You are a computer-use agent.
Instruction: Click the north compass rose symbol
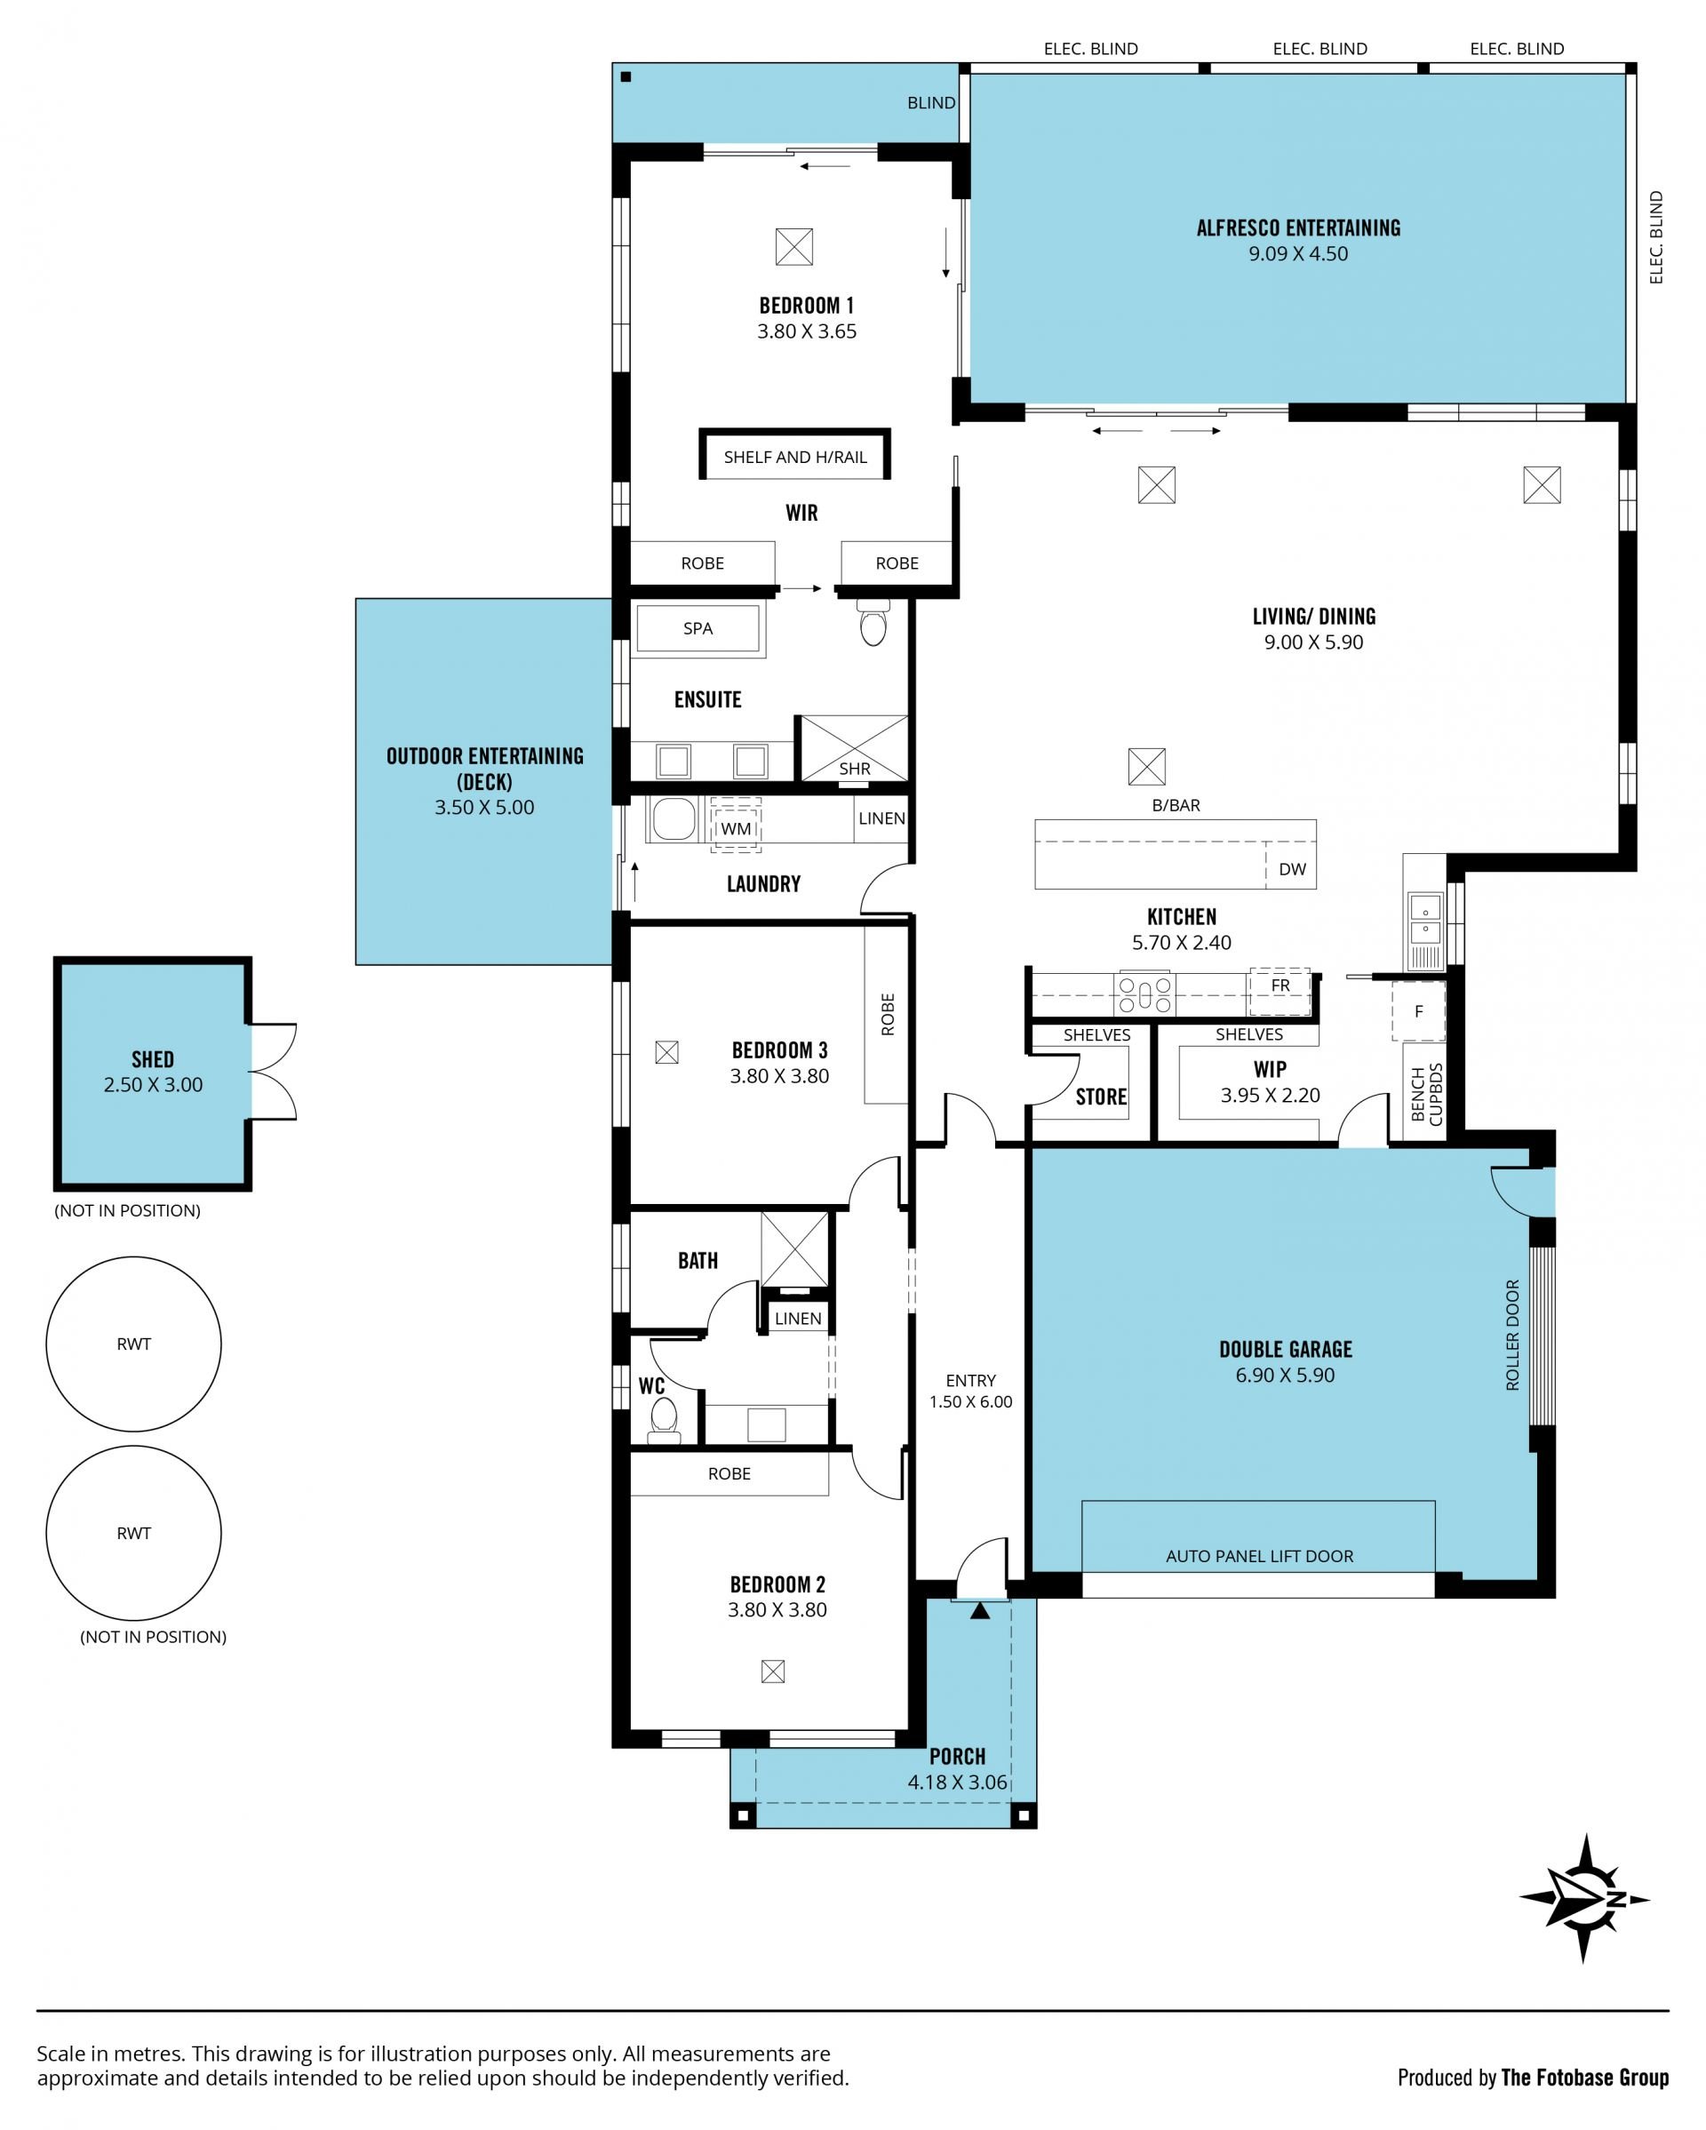pos(1583,1898)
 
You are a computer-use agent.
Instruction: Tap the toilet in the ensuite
pos(873,621)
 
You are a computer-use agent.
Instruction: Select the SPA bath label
pos(698,628)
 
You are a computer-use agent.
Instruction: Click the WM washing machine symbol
pos(736,825)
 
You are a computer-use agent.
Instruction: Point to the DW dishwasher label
pos(1292,869)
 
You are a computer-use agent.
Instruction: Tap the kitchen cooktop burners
pos(1144,993)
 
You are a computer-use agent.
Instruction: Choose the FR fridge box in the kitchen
pos(1280,991)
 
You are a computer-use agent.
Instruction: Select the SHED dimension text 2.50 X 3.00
pos(153,1084)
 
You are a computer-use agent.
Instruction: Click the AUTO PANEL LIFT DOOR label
pos(1259,1556)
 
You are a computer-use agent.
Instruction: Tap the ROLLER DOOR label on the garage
pos(1512,1336)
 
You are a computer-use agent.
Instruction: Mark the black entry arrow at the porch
pos(979,1610)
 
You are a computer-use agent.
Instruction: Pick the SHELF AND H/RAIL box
pos(795,454)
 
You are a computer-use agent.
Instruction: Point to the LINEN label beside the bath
pos(798,1318)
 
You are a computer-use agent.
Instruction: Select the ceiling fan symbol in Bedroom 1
pos(794,247)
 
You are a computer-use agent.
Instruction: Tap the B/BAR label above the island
pos(1176,805)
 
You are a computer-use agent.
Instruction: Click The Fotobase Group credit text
pos(1584,2078)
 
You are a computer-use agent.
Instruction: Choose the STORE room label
pos(1102,1097)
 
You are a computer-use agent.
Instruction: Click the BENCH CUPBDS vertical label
pos(1427,1094)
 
